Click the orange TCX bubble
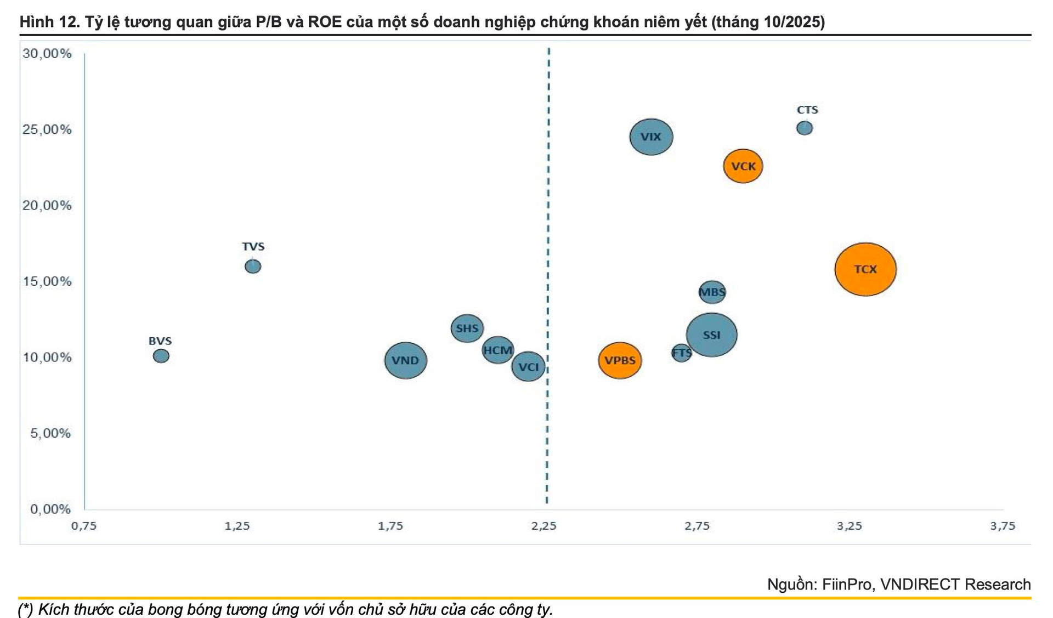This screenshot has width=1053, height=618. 865,269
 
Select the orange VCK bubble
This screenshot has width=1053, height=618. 743,166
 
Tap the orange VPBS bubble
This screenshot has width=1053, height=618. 620,360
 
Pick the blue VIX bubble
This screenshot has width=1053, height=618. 651,137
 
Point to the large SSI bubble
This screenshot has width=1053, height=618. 711,334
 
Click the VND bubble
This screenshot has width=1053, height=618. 405,360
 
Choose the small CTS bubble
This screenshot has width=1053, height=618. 805,128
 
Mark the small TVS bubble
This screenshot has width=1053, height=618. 253,266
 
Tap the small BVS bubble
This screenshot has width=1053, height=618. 161,356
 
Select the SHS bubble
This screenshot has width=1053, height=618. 467,328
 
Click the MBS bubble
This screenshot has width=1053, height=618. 712,292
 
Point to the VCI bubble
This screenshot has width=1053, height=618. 528,367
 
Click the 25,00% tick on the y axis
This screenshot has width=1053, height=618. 47,129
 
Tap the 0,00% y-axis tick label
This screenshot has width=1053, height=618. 50,509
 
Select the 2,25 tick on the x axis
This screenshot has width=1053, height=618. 544,526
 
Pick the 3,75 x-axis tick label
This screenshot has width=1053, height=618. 1003,526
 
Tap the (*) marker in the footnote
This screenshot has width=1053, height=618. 26,609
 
